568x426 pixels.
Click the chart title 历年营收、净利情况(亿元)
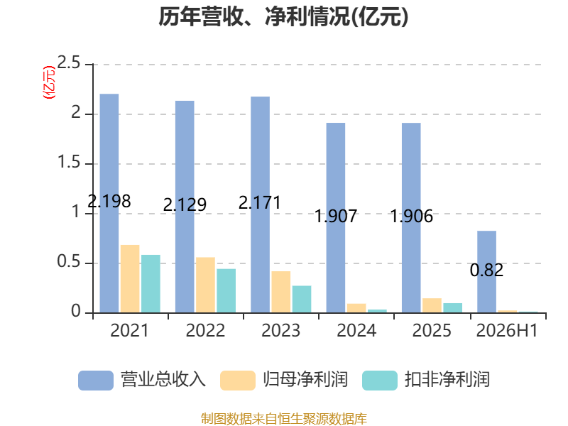tap(283, 16)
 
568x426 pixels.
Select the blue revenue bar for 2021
tap(109, 203)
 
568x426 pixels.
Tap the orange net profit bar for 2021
tap(130, 279)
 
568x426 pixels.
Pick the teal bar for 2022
tap(226, 291)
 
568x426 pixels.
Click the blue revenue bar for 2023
tap(260, 204)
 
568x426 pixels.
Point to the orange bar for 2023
tap(281, 292)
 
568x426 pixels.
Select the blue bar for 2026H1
tap(487, 272)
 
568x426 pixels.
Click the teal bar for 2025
tap(453, 308)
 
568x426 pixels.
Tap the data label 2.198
tap(109, 201)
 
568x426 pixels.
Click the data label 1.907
tap(336, 217)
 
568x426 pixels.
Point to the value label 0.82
tap(486, 271)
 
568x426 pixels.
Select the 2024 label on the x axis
tap(356, 330)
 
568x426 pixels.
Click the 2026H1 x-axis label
tap(507, 330)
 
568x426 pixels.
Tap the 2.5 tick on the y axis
tap(69, 63)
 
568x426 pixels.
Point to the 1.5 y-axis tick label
tap(69, 163)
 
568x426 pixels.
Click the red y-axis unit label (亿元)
tap(49, 82)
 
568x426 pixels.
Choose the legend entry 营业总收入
tap(142, 380)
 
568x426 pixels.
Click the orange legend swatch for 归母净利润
tap(238, 381)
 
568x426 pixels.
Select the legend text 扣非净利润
tap(447, 380)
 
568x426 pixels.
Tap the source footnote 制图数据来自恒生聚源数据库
tap(284, 419)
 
